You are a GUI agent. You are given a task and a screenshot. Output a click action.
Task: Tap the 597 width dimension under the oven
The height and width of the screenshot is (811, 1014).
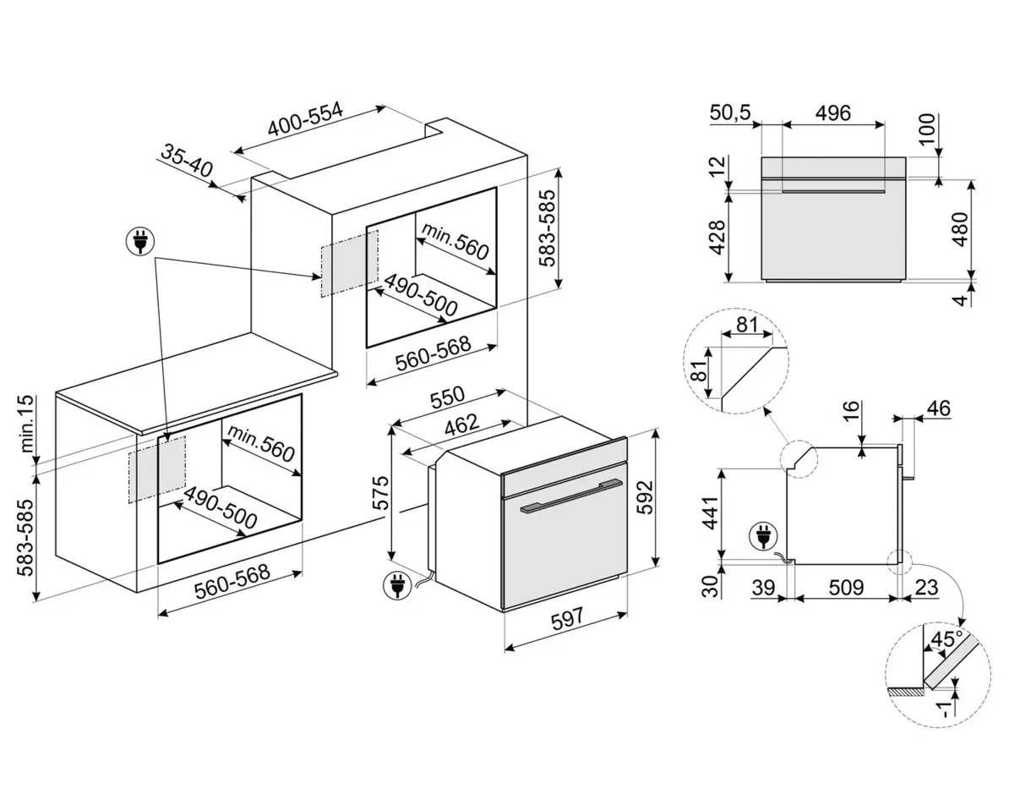[x=567, y=618]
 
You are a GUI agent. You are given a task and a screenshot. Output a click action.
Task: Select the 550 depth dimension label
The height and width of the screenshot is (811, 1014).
[x=448, y=397]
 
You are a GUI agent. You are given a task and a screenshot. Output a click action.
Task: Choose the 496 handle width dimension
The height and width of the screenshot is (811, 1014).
[x=832, y=112]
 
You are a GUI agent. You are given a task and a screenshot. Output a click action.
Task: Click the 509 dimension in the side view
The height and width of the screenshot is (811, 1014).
[x=846, y=586]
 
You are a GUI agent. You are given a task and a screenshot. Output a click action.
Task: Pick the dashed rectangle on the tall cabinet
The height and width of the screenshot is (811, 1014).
[x=349, y=262]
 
